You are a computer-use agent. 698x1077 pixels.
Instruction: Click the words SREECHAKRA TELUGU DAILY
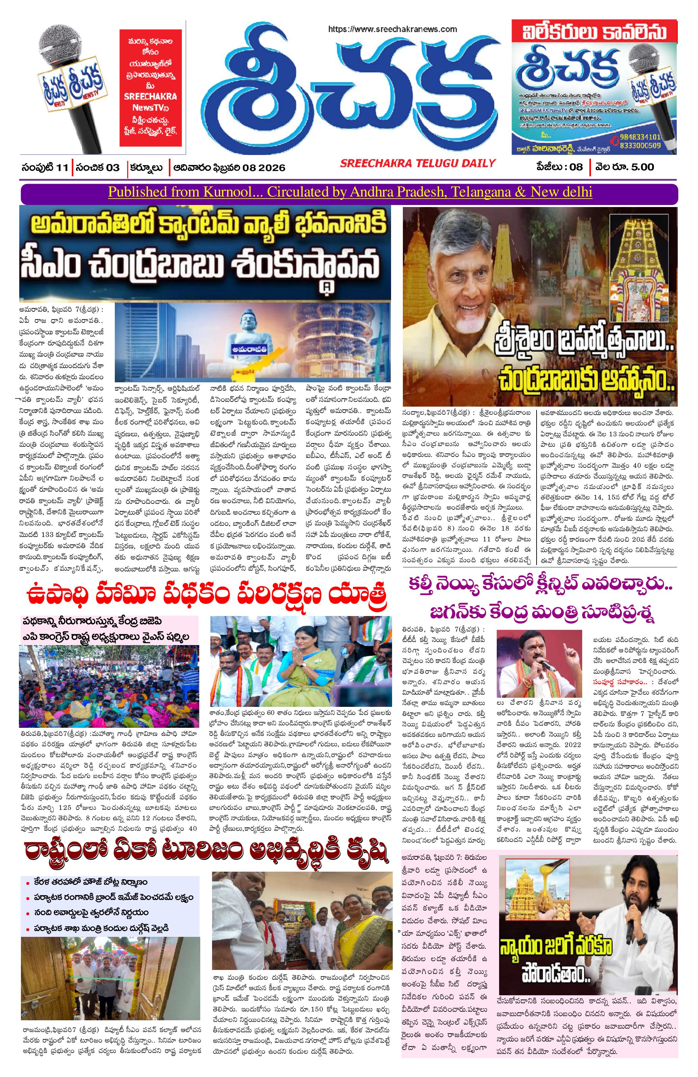pyautogui.click(x=417, y=163)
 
